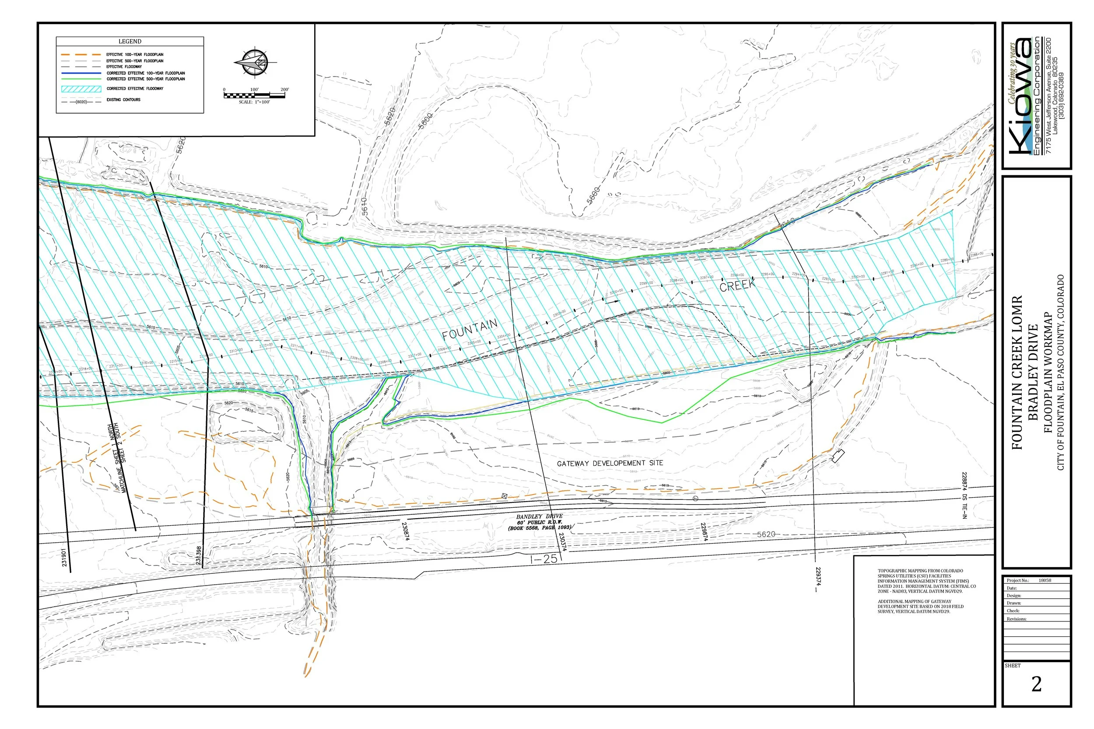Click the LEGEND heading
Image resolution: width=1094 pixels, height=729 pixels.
tap(130, 42)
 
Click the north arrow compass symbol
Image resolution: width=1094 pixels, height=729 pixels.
tap(256, 62)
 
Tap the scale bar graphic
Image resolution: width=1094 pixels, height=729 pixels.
tap(254, 95)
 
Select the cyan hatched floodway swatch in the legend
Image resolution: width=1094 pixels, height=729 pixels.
tap(81, 88)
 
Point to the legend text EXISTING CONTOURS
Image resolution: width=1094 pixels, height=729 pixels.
tap(123, 100)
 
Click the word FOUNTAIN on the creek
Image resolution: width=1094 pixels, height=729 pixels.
tap(470, 329)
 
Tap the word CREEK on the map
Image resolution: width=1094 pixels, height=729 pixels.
tap(738, 285)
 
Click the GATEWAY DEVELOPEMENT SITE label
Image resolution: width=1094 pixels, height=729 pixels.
tap(610, 463)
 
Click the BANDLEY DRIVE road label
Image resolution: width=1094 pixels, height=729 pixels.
tap(539, 516)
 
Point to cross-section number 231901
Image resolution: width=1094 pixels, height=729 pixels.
tap(64, 558)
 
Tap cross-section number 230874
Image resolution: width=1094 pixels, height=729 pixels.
tap(405, 530)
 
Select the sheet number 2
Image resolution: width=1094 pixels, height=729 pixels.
tap(1036, 684)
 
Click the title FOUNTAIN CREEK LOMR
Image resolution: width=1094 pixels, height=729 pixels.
tap(1017, 373)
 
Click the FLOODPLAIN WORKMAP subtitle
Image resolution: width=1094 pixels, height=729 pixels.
tap(1048, 373)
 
